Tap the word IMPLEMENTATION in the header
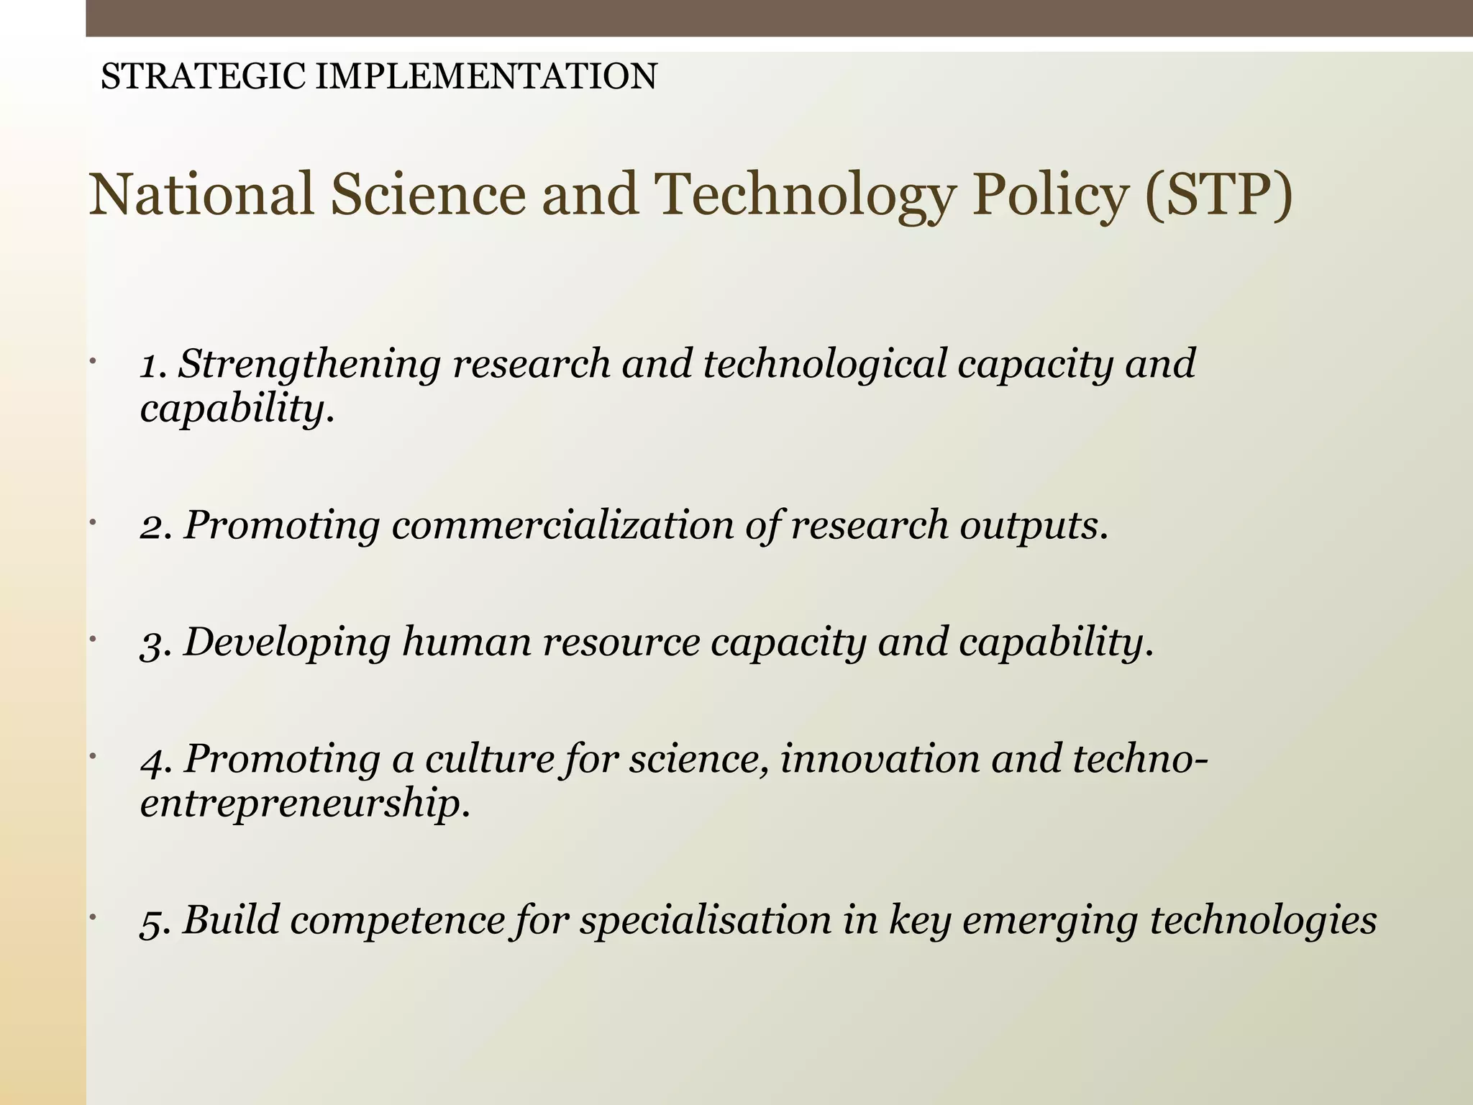click(486, 77)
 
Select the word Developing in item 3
click(287, 642)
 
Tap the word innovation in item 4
click(879, 759)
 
